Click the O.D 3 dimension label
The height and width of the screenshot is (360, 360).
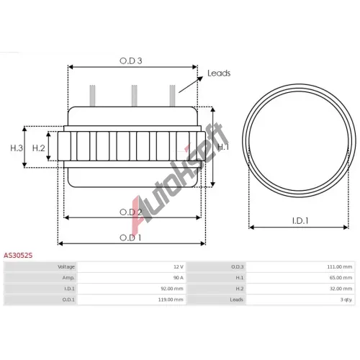click(x=131, y=61)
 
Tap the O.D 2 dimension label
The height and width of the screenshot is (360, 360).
click(x=131, y=212)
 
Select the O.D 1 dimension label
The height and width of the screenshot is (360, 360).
click(x=130, y=238)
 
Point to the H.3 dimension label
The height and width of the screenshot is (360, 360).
click(x=17, y=148)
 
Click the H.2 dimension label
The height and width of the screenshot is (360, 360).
click(x=39, y=148)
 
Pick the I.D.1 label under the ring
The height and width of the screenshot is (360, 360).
click(x=300, y=220)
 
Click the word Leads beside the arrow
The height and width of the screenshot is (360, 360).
click(x=219, y=73)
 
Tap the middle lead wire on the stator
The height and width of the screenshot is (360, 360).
click(x=135, y=96)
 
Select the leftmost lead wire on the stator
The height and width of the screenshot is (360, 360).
click(x=92, y=96)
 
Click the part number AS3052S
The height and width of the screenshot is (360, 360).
click(x=18, y=256)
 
